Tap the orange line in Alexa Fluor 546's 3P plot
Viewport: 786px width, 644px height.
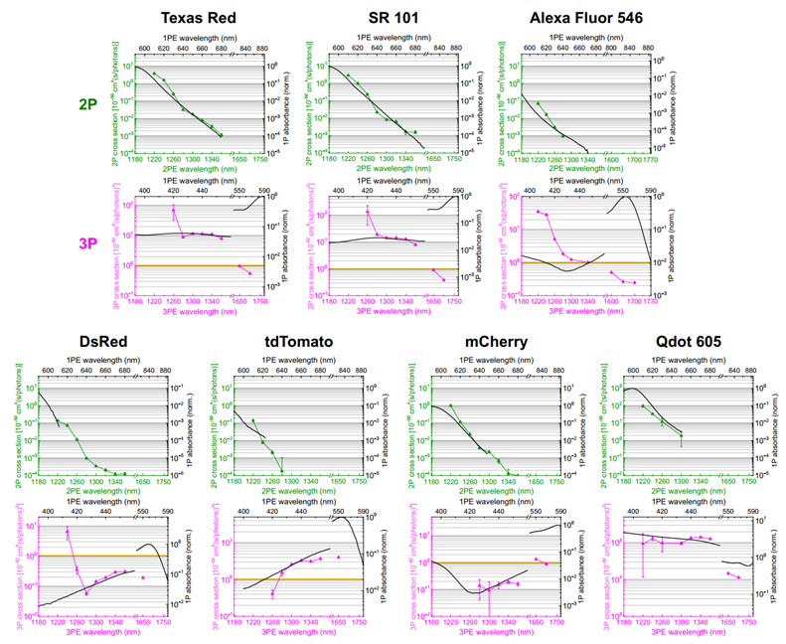point(586,261)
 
